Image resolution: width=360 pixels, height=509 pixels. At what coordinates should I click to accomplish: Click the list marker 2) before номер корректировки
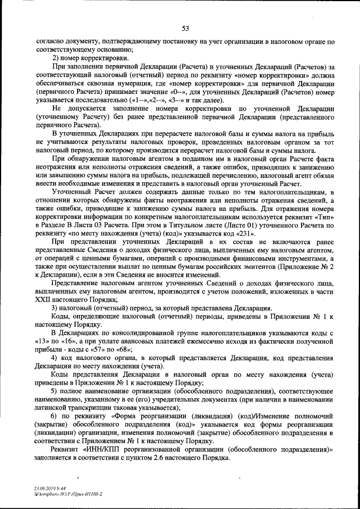(56, 58)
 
